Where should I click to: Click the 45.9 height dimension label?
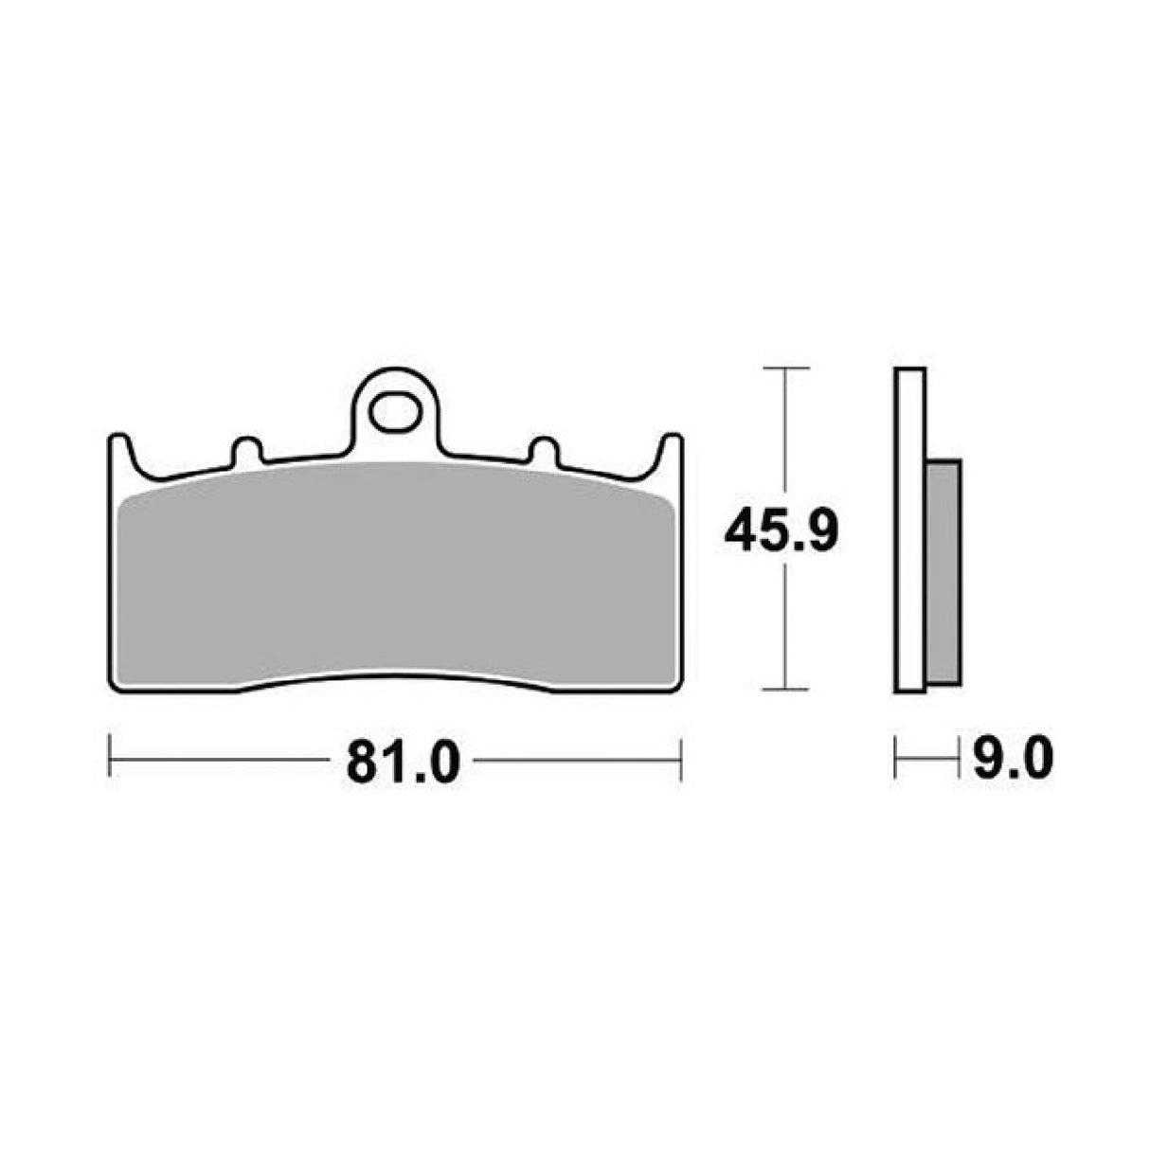pyautogui.click(x=780, y=532)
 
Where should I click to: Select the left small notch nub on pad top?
pyautogui.click(x=245, y=449)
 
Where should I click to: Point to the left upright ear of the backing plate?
pyautogui.click(x=119, y=453)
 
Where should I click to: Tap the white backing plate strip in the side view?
pyautogui.click(x=909, y=530)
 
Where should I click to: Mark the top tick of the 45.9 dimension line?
pyautogui.click(x=785, y=367)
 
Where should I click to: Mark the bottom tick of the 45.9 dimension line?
pyautogui.click(x=785, y=690)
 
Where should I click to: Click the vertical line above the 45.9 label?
pyautogui.click(x=785, y=436)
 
